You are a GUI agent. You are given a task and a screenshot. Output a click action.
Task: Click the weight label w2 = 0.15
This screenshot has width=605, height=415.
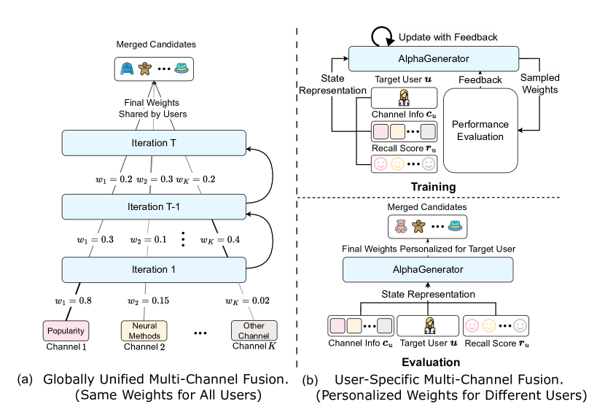coord(147,300)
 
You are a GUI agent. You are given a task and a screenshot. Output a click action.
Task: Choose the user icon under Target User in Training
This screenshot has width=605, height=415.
coord(404,98)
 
